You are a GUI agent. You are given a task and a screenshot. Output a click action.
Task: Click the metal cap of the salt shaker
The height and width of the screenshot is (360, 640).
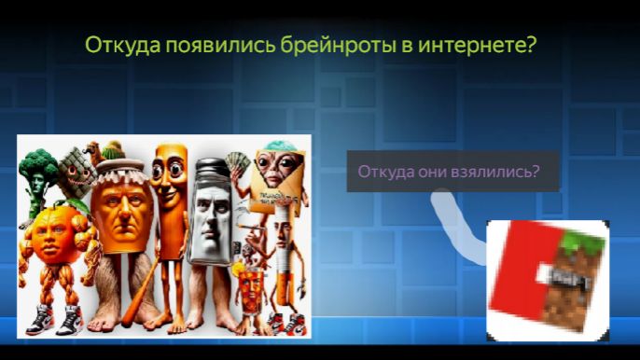[x=210, y=171]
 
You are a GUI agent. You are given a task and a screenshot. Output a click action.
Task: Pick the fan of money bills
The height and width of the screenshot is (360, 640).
[x=240, y=165]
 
